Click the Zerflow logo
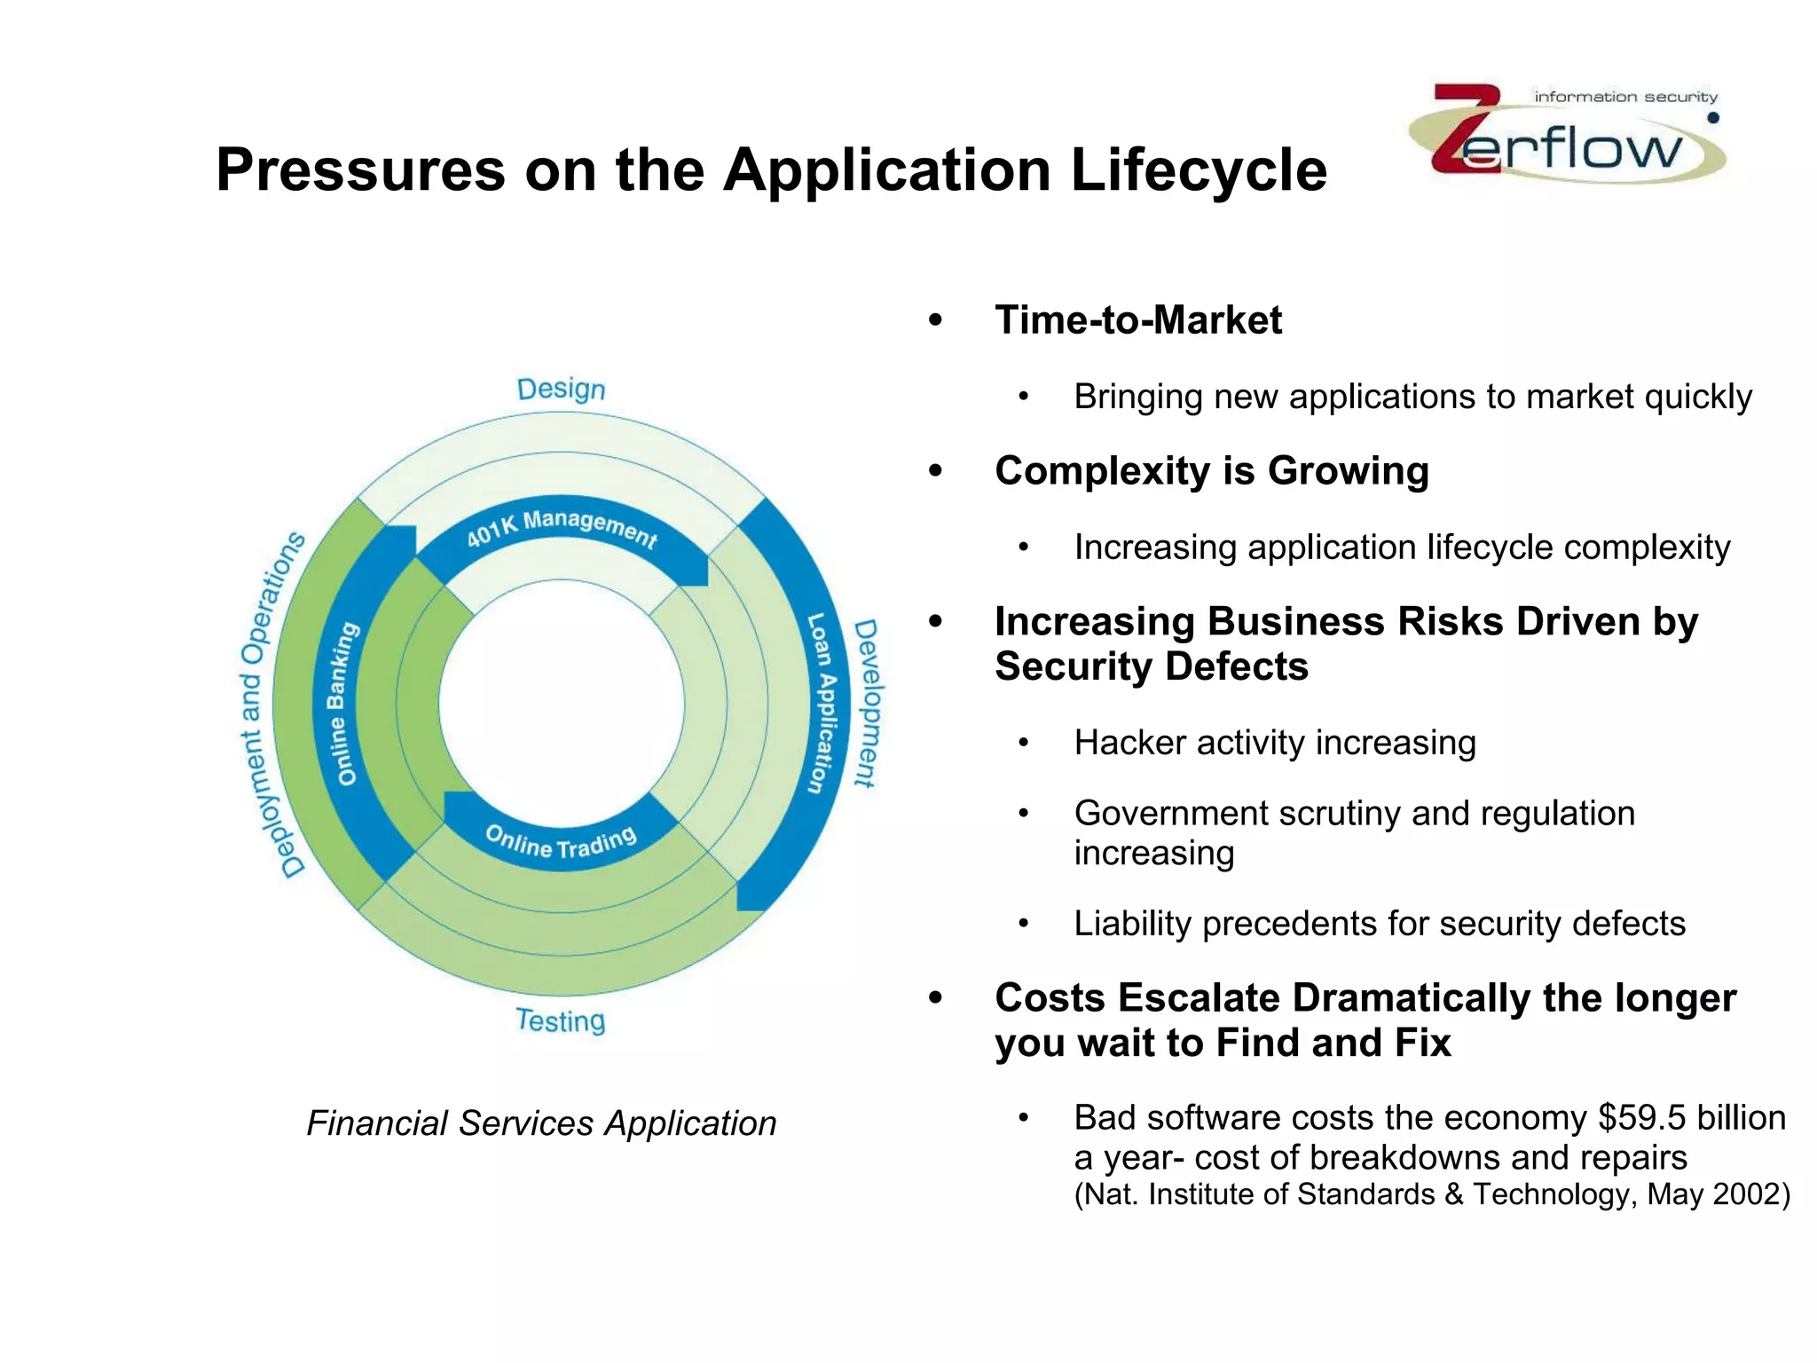coord(1567,133)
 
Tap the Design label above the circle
coord(561,389)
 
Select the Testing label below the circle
coord(561,1020)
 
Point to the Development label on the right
coord(866,703)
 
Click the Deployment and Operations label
coord(271,705)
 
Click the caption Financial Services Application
coord(541,1123)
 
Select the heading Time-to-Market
coord(1138,320)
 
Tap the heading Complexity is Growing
coord(1212,471)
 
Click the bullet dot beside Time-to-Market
coord(935,320)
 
